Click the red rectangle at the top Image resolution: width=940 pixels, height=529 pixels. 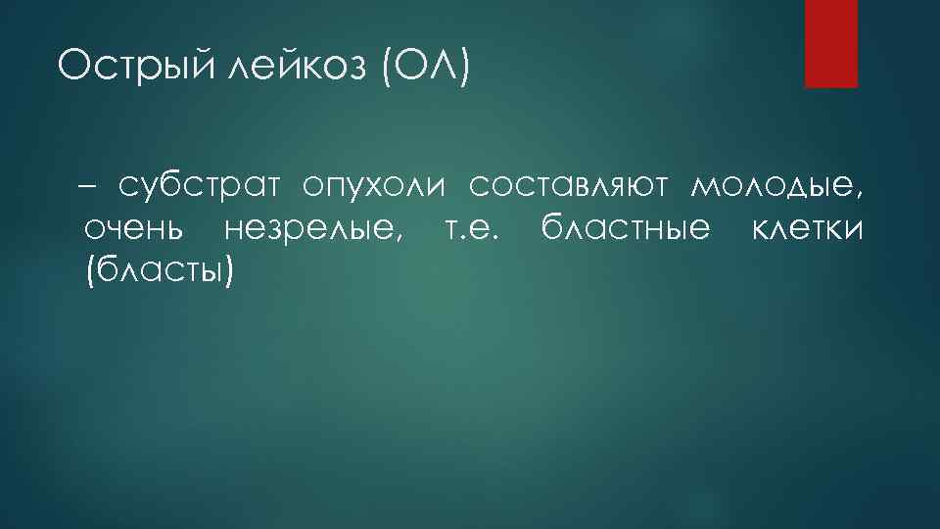pos(830,43)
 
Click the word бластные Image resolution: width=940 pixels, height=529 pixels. pos(624,229)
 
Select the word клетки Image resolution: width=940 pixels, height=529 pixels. pos(806,229)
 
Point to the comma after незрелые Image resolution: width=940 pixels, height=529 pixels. pos(398,238)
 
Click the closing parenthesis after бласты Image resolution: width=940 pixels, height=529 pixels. pos(229,271)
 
